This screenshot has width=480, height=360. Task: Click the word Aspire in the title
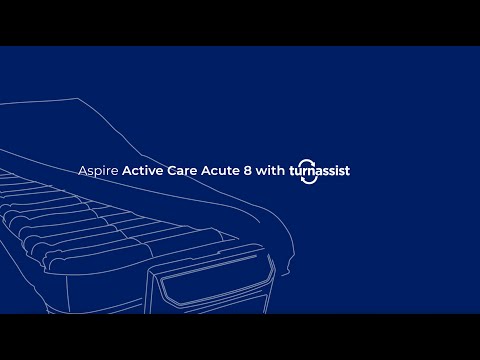tap(98, 170)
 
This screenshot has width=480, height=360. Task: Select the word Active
tap(142, 170)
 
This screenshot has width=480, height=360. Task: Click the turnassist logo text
tap(320, 170)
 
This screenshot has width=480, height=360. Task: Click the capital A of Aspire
tap(82, 170)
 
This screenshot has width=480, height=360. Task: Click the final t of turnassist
tap(347, 170)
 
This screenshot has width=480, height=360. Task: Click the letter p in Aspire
tap(97, 172)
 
